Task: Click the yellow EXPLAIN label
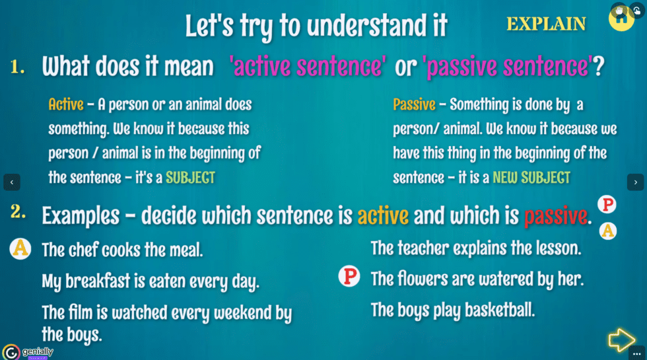[545, 24]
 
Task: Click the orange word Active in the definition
[66, 104]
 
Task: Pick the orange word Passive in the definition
[414, 104]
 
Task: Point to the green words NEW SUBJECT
[531, 178]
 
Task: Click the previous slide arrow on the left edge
[11, 182]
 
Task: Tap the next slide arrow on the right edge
[635, 182]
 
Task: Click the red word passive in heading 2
[555, 215]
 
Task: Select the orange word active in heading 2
[383, 215]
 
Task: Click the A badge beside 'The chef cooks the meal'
[20, 248]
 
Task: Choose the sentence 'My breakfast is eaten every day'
[151, 281]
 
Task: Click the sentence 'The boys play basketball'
[452, 309]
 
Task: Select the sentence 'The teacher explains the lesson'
[475, 248]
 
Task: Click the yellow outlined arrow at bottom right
[621, 340]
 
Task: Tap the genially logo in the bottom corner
[28, 351]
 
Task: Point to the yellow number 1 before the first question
[18, 66]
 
